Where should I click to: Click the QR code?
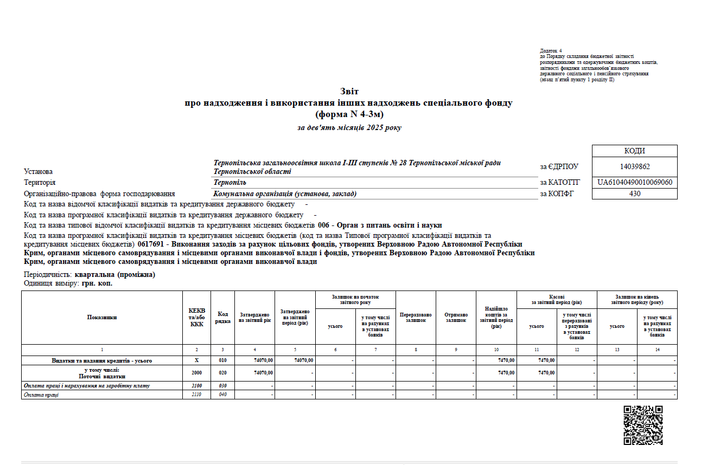click(x=643, y=425)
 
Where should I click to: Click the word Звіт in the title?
click(x=349, y=92)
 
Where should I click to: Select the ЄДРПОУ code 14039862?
click(x=634, y=167)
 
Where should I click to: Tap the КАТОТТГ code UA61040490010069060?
click(x=634, y=182)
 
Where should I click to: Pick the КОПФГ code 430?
click(x=634, y=193)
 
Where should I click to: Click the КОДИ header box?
click(x=634, y=151)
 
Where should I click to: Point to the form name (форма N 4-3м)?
click(x=349, y=114)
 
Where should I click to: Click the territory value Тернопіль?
click(x=230, y=183)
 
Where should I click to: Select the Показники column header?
click(x=102, y=318)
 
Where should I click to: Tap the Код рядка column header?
click(x=222, y=318)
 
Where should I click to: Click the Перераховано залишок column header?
click(x=416, y=318)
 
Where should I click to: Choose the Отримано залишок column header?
click(x=456, y=318)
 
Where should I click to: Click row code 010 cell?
click(x=222, y=360)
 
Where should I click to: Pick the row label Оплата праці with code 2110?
click(x=41, y=395)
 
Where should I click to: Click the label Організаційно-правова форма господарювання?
click(x=99, y=194)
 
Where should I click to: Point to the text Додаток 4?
click(x=551, y=50)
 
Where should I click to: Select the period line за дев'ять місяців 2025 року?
click(x=349, y=128)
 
